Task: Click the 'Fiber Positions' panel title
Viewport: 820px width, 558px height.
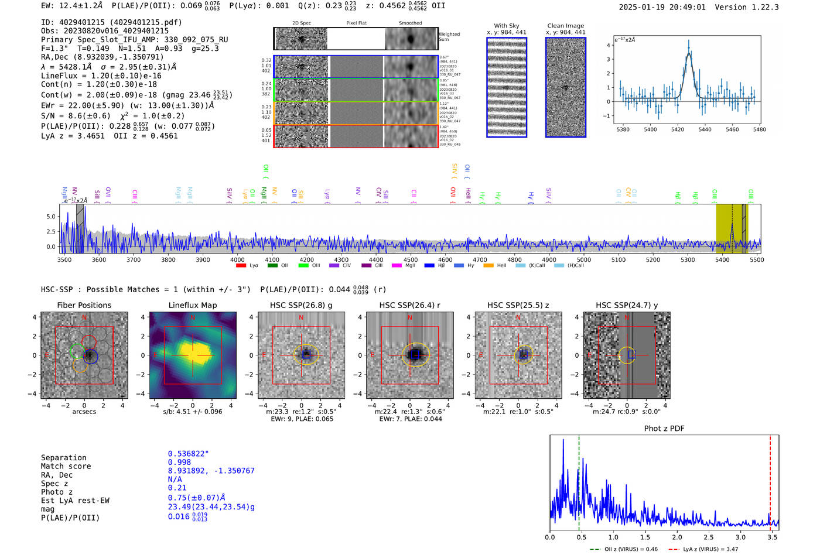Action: [84, 305]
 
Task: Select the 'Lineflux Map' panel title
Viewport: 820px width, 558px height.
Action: [193, 305]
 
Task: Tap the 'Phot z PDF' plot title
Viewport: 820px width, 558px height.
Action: [664, 428]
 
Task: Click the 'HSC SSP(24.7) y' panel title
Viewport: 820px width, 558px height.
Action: [627, 305]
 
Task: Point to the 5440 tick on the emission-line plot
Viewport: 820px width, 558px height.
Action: [705, 129]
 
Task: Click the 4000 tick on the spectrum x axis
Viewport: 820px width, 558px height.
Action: [237, 259]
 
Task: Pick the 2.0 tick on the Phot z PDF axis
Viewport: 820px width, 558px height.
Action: [677, 537]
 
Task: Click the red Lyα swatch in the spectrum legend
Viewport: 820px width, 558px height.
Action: [241, 266]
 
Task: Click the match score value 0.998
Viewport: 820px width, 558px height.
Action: [179, 462]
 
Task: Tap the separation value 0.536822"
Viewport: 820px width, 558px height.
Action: [188, 454]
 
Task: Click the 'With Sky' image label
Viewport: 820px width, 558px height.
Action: [507, 26]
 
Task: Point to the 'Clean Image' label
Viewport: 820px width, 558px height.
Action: [565, 26]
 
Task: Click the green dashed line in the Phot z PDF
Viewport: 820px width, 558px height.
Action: [579, 480]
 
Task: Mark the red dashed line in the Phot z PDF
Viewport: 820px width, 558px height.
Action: [770, 480]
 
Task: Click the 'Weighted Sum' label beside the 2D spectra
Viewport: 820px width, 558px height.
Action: [449, 36]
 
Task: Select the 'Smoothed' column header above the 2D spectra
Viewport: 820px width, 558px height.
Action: [410, 23]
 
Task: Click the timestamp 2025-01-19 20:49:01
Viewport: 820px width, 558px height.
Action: [662, 7]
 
